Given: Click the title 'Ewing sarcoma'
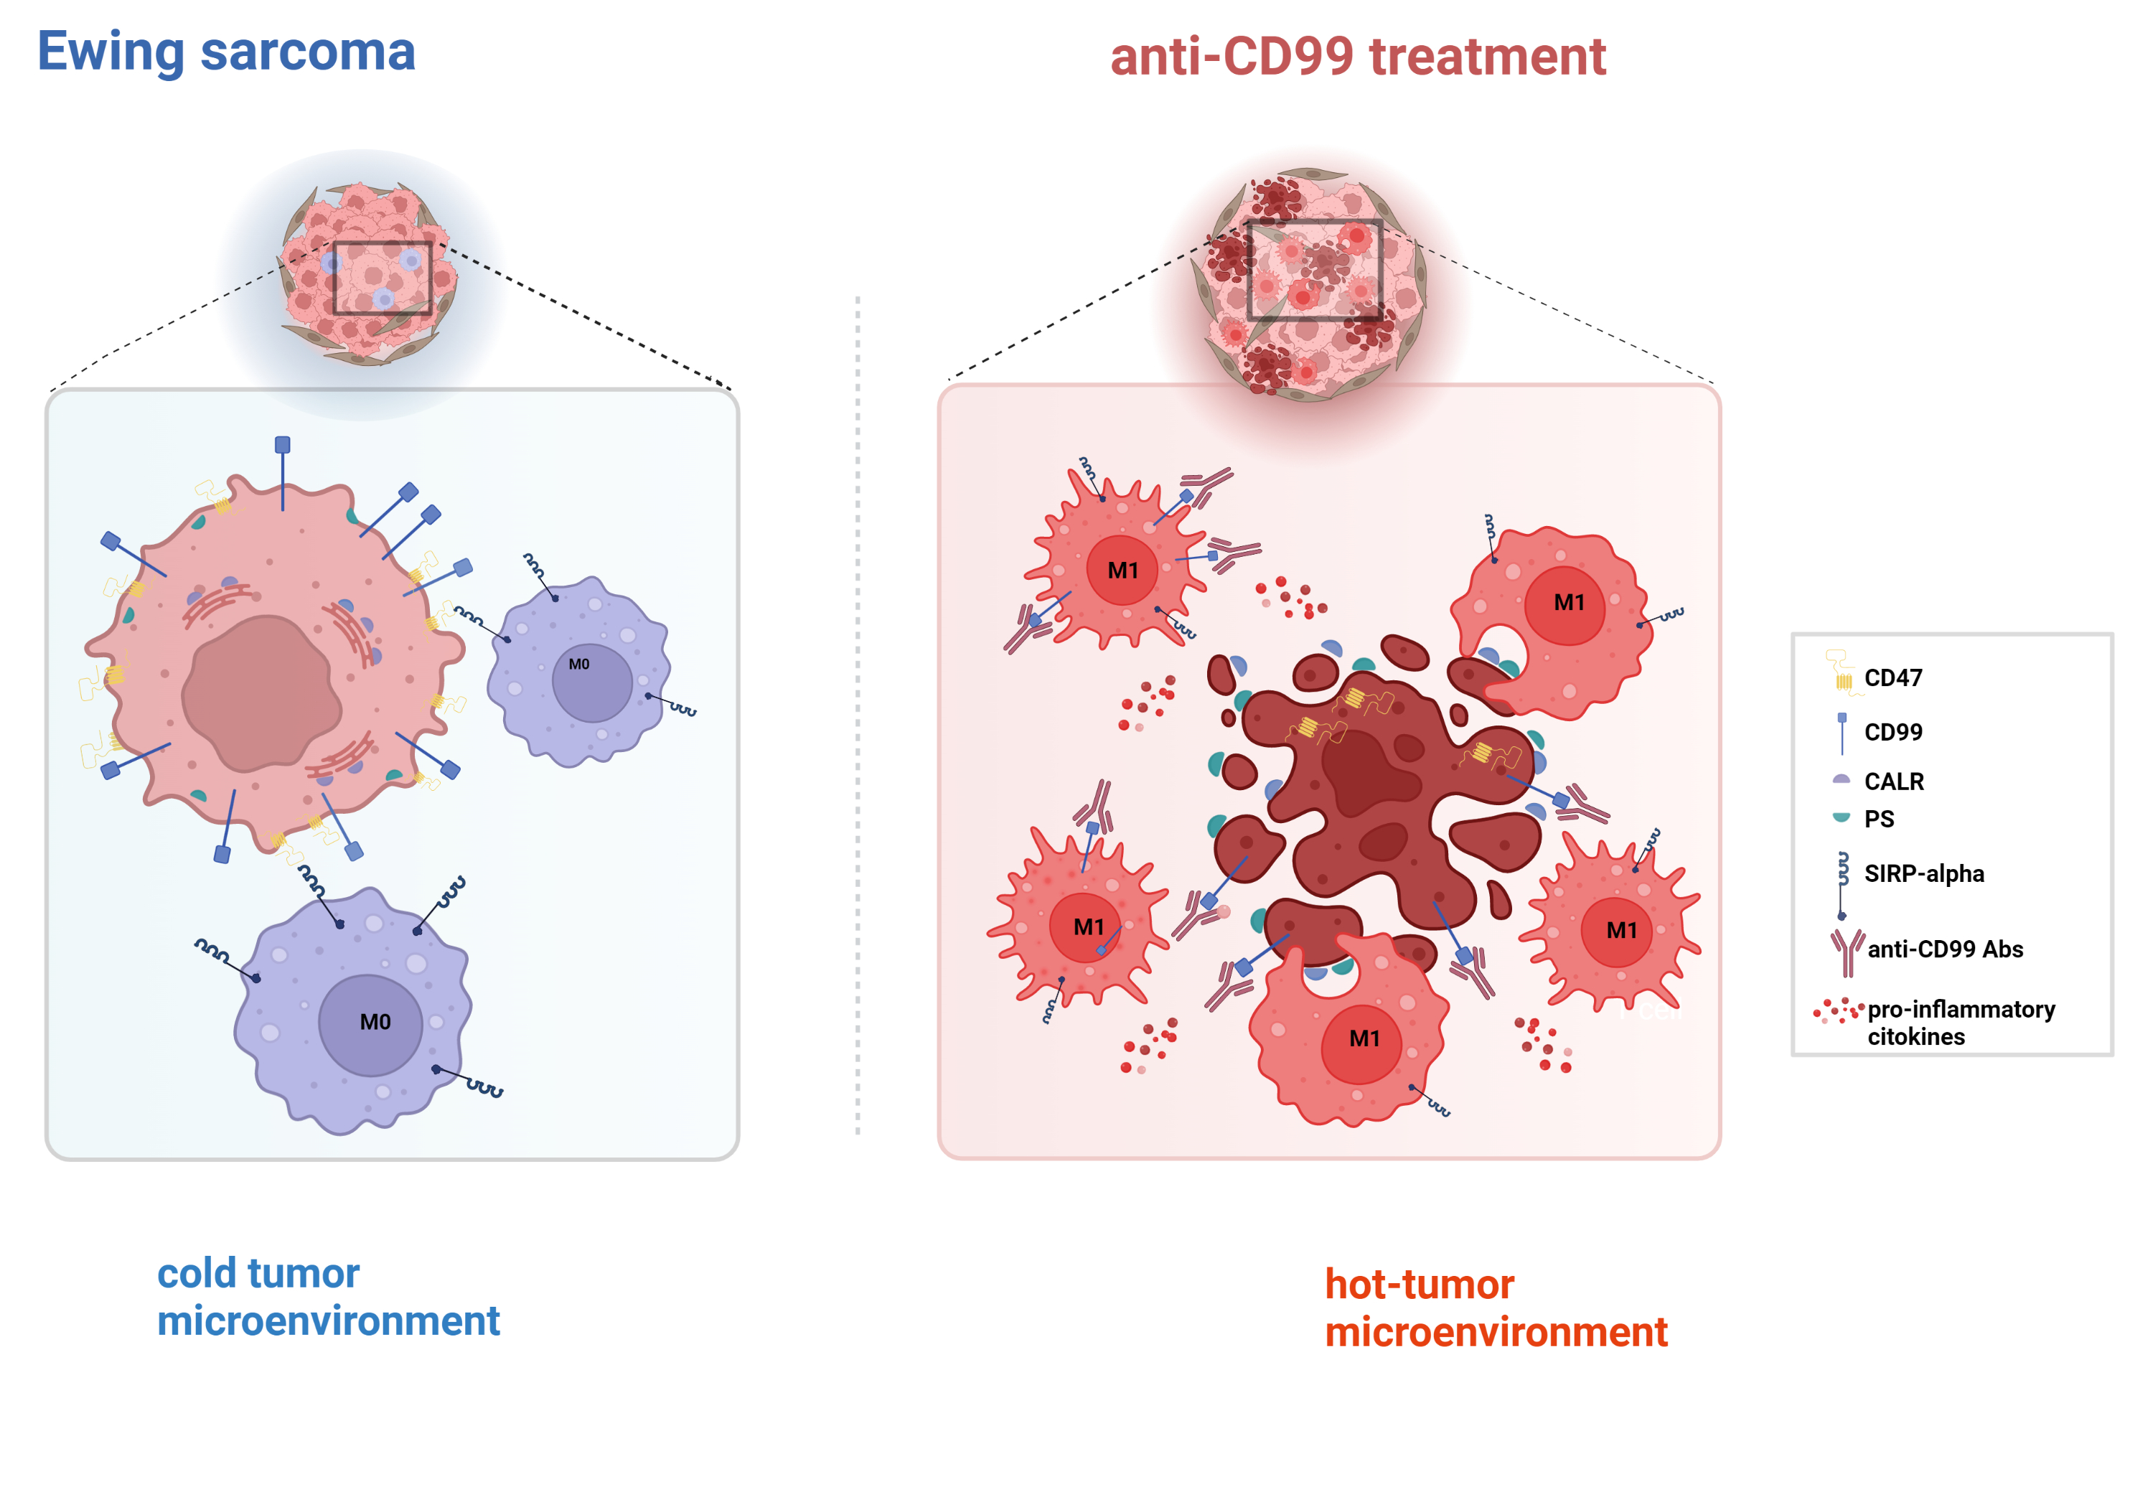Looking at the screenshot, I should [226, 52].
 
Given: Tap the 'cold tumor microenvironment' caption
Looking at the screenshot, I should [327, 1296].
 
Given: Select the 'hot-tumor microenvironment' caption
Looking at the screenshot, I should [1495, 1308].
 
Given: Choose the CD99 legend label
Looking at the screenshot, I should [1892, 731].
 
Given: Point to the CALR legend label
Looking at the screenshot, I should [1893, 781].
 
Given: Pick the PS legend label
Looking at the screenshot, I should [1879, 819].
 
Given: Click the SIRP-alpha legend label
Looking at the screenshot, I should [1923, 873].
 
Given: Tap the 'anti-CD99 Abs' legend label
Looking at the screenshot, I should [1945, 949].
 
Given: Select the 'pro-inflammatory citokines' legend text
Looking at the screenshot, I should [1960, 1022].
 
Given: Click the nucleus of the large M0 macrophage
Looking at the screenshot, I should [371, 1024].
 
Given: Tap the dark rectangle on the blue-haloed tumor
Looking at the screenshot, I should [383, 278].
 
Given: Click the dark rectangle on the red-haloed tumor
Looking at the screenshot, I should [1315, 270].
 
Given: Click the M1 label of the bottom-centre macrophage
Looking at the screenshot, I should [1364, 1039].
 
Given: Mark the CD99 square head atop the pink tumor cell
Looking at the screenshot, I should [282, 444].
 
